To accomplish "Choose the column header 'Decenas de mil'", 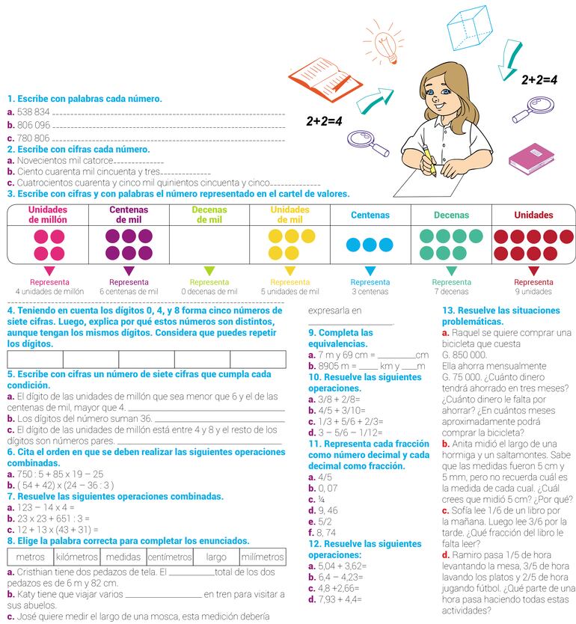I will point(210,215).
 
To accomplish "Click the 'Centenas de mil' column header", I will point(129,215).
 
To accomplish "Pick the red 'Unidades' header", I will point(533,215).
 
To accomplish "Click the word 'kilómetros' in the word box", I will point(77,557).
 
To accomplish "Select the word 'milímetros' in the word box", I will point(262,557).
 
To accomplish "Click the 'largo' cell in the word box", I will point(216,557).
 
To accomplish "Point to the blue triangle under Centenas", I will point(370,271).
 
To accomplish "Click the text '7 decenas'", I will point(451,292).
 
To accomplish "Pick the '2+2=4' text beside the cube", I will point(539,79).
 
